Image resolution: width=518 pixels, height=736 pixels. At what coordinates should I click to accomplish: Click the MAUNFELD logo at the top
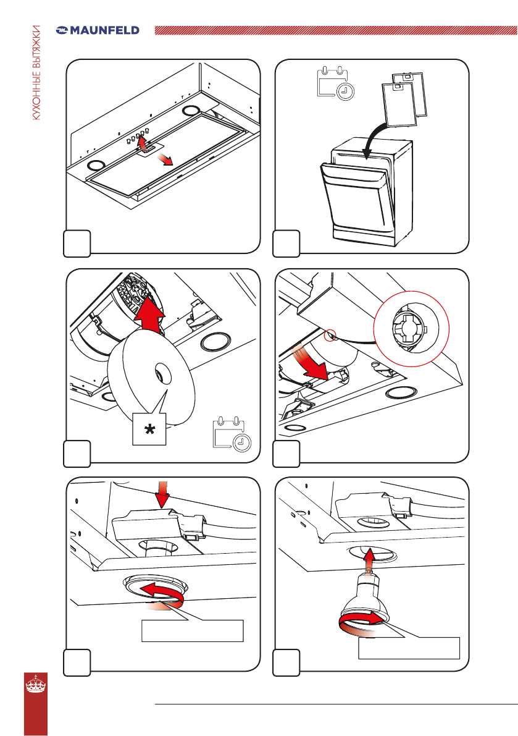point(98,30)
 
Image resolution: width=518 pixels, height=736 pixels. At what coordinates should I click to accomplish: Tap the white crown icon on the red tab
point(36,683)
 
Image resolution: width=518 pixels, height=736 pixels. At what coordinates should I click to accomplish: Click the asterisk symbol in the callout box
point(149,429)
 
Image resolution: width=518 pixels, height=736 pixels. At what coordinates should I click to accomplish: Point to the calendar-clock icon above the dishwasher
point(336,83)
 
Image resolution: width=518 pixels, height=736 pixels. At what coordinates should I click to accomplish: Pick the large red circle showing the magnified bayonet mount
point(412,329)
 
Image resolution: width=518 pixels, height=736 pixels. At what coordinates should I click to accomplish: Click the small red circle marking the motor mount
point(332,335)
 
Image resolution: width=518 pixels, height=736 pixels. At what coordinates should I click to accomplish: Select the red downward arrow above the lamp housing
point(162,494)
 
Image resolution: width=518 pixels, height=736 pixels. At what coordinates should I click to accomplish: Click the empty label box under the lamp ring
point(192,630)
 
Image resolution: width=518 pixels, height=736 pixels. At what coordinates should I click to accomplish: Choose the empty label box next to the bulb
point(409,648)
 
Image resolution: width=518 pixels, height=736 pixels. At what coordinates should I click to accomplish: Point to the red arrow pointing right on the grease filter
point(165,159)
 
